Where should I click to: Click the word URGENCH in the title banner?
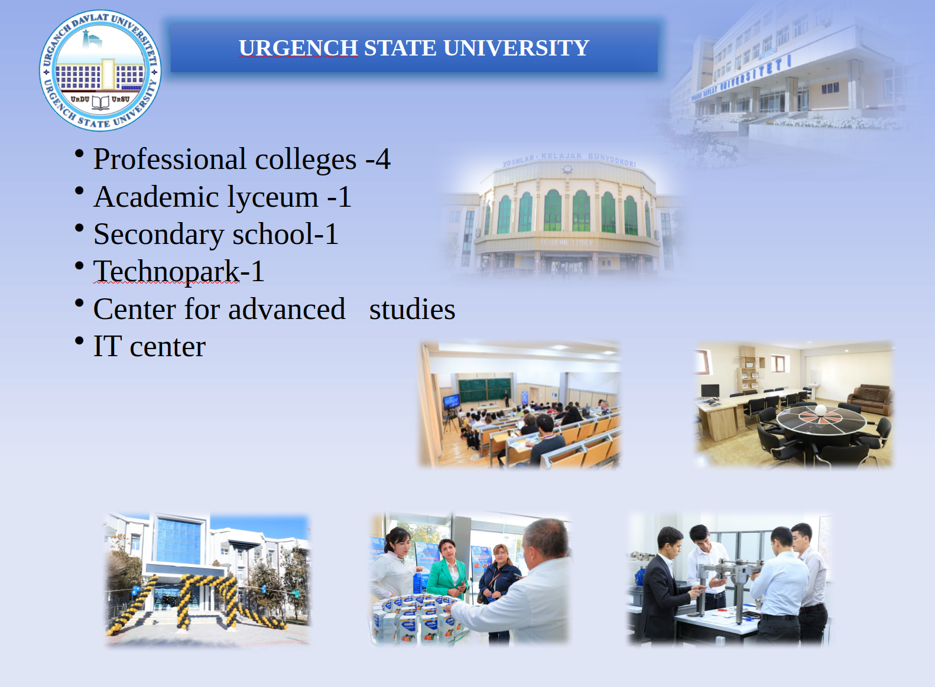point(298,48)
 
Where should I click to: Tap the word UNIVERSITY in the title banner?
point(517,48)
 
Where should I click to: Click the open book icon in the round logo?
point(100,102)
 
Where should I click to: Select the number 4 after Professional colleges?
point(382,159)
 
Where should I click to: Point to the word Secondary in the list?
point(159,235)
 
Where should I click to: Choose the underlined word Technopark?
point(167,272)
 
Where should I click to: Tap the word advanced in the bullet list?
point(287,309)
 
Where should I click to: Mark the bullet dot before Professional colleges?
point(79,153)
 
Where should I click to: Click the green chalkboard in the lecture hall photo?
point(485,390)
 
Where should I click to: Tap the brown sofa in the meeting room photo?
point(871,399)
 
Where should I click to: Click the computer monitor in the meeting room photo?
point(710,391)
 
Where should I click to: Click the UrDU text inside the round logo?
point(80,99)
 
